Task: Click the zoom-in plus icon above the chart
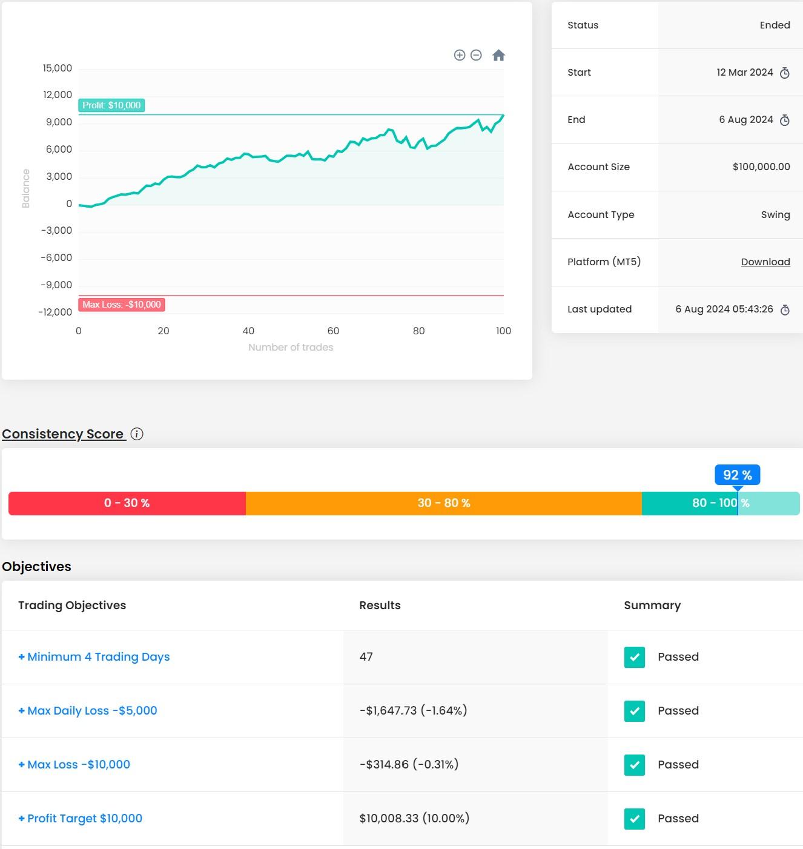460,55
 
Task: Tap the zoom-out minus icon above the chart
476,55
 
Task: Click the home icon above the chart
498,56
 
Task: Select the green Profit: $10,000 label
111,105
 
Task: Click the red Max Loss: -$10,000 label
122,305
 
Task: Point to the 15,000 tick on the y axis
58,68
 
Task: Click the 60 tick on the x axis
333,331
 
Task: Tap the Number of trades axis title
291,347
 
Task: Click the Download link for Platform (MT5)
765,262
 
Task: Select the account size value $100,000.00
761,167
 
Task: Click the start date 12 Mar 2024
744,72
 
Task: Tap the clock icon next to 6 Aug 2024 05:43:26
785,309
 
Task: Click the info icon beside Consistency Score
137,434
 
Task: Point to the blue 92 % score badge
737,475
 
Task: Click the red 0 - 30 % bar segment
127,503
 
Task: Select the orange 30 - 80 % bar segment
443,503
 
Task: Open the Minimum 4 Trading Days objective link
98,657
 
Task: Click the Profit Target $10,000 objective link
85,819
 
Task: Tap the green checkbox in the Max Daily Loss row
634,711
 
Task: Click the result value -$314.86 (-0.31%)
409,765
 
